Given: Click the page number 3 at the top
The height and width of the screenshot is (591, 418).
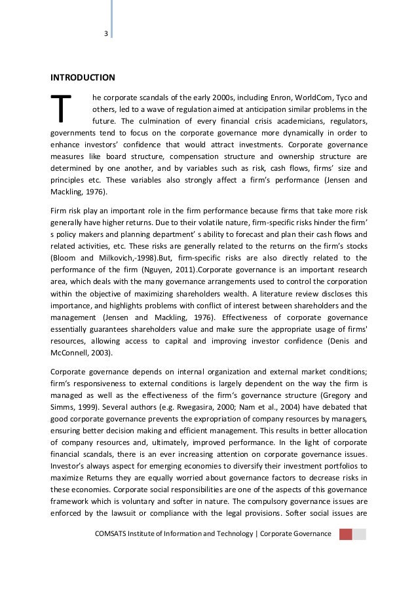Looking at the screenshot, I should click(x=105, y=35).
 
